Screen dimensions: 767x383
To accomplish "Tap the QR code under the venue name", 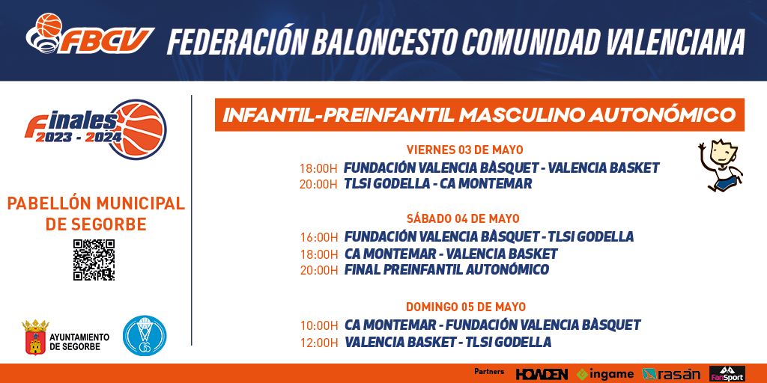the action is [x=94, y=260].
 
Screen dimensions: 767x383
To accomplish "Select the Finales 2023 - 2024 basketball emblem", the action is [x=96, y=129].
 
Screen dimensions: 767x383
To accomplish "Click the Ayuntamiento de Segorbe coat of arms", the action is [x=35, y=337].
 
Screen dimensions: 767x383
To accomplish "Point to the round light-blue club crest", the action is [x=145, y=336].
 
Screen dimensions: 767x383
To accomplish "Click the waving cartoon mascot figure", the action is [x=721, y=165].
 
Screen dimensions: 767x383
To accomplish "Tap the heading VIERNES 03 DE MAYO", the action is [x=464, y=150].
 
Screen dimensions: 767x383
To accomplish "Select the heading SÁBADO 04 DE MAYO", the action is [x=463, y=218].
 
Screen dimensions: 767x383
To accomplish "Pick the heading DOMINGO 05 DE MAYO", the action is [x=466, y=307].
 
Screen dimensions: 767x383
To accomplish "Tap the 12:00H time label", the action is [x=319, y=343].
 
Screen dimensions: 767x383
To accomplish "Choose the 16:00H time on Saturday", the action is [x=319, y=237].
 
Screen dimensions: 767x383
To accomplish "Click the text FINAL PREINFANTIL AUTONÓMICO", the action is [x=446, y=269].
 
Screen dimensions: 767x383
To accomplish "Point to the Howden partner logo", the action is [x=542, y=374].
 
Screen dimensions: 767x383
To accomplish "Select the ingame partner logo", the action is [x=605, y=374].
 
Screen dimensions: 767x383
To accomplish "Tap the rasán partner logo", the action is [x=671, y=374].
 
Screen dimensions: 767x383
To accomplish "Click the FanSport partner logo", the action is [x=727, y=374].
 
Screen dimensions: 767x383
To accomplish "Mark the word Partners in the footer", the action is [x=489, y=372].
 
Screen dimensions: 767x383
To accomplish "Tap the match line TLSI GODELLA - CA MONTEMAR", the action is [x=437, y=184].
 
